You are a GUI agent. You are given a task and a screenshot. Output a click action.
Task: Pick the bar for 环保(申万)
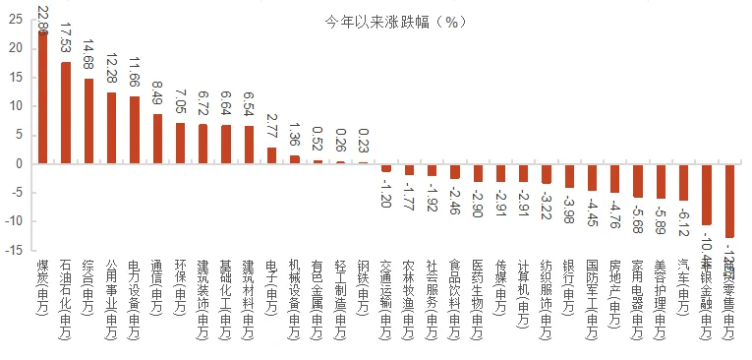click(180, 144)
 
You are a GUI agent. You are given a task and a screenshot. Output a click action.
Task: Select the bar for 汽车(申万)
click(683, 182)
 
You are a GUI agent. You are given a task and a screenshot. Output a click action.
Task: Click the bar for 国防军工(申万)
click(592, 177)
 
